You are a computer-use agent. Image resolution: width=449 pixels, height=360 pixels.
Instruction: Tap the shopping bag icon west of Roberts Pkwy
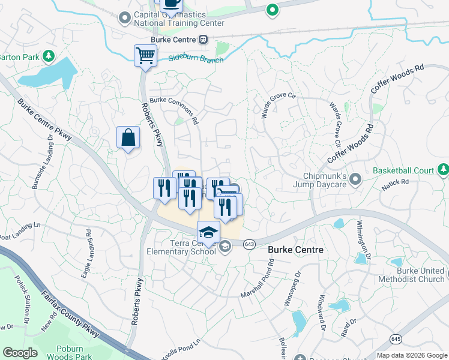(x=128, y=137)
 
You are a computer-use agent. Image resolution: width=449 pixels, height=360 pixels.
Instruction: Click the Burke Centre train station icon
(x=203, y=40)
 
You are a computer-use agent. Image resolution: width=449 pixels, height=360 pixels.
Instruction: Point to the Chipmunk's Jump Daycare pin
(x=355, y=179)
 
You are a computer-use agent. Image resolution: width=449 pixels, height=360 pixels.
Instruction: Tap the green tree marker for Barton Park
(x=49, y=57)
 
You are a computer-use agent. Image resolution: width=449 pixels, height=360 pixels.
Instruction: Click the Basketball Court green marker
(x=442, y=170)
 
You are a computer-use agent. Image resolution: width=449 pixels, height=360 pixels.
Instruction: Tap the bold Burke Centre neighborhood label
(x=295, y=250)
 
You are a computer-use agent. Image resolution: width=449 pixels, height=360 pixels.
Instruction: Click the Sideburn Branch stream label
(x=196, y=59)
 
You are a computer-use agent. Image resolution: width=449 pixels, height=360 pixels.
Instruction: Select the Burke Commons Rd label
(x=173, y=110)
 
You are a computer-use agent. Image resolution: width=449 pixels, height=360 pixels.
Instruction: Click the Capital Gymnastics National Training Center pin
(x=125, y=18)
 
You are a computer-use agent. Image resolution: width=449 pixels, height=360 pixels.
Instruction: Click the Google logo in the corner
(x=20, y=352)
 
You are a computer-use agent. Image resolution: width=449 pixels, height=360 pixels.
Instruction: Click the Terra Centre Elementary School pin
(x=225, y=246)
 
